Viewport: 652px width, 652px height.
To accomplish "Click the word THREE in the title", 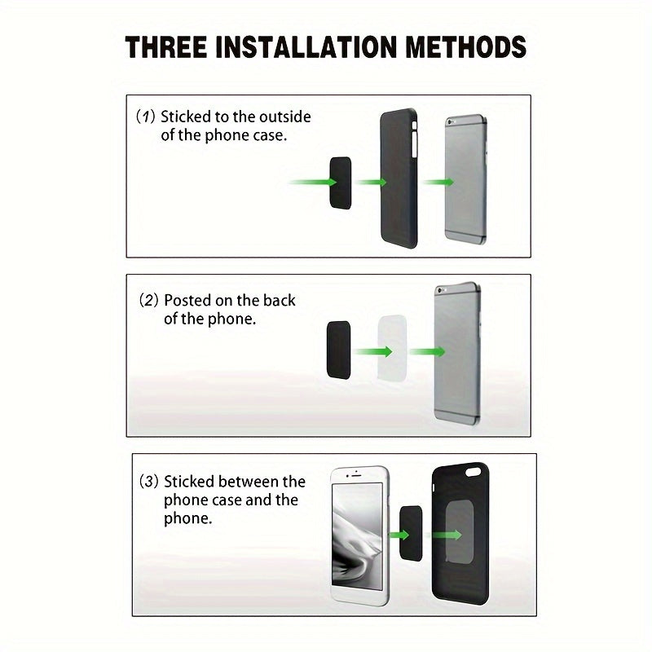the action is point(166,46).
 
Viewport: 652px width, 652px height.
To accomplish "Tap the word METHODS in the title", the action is point(465,46).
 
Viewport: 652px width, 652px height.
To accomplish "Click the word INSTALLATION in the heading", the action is point(306,46).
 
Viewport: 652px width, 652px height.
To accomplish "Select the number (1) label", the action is point(146,117).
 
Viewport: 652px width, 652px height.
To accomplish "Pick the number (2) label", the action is point(149,300).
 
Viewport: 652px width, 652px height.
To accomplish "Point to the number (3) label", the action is point(149,482).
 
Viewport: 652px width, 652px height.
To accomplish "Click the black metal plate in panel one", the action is point(341,183).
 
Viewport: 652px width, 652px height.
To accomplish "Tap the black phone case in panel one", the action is point(399,178).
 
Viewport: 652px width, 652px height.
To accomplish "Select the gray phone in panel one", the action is point(466,179).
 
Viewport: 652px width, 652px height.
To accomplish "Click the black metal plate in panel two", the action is point(338,350).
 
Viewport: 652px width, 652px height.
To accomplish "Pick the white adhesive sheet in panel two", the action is point(392,348).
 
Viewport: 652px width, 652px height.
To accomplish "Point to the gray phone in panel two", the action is point(457,354).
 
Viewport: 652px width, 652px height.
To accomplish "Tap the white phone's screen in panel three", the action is point(358,536).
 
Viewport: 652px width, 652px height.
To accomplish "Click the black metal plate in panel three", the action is point(411,534).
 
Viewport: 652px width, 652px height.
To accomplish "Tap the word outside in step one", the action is point(284,117).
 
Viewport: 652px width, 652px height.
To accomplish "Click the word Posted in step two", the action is point(187,300).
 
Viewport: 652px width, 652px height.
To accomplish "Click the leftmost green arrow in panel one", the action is point(313,182).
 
